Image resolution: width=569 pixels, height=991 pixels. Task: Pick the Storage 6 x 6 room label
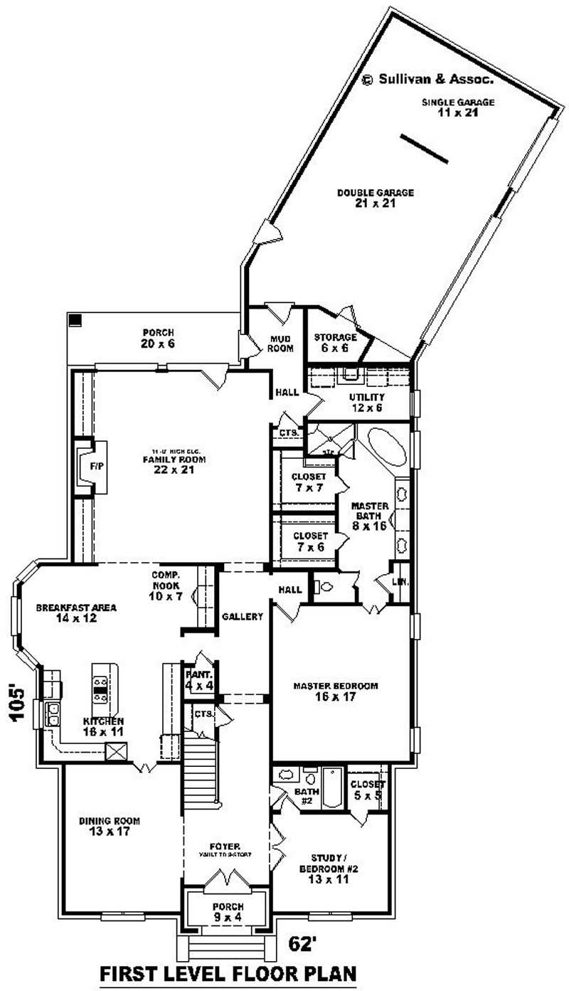tap(336, 342)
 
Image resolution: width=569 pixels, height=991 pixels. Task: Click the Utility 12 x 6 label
tap(367, 402)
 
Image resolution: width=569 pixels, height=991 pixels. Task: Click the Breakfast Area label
tap(77, 613)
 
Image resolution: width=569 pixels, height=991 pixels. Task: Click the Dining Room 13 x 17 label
tap(104, 825)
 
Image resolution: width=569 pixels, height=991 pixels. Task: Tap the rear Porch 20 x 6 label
tap(159, 337)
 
